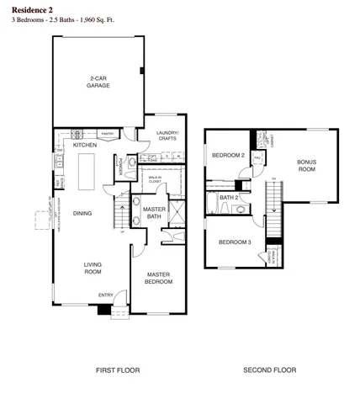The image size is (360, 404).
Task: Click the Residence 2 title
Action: (x=33, y=8)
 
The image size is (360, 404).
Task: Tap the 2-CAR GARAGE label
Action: (x=99, y=82)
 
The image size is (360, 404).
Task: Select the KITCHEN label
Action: (x=84, y=146)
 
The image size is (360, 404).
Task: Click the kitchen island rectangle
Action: (x=87, y=172)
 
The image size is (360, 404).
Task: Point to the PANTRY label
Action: (x=107, y=133)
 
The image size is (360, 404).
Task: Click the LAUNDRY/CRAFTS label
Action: (x=168, y=136)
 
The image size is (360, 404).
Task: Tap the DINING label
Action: (x=82, y=213)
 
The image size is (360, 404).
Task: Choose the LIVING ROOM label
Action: (x=92, y=268)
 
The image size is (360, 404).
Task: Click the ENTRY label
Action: (x=106, y=295)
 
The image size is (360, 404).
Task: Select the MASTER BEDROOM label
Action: (x=159, y=279)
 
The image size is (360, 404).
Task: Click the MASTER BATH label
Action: (x=153, y=213)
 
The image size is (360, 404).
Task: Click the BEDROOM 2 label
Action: (x=227, y=156)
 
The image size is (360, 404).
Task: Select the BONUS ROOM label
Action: (x=306, y=166)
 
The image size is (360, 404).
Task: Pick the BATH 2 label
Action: (x=230, y=198)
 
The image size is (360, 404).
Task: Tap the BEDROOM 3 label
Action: (x=235, y=242)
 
